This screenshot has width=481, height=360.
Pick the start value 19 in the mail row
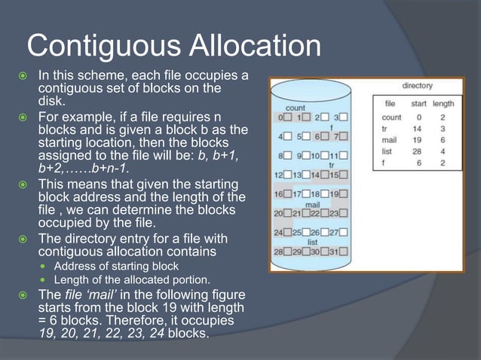417,140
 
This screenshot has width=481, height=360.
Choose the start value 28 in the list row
417,151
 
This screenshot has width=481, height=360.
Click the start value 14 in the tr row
417,129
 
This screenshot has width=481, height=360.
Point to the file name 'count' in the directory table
391,117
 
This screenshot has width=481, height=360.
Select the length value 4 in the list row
443,151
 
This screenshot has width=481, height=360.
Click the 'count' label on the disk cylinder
296,108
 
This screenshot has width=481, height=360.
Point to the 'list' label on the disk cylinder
311,243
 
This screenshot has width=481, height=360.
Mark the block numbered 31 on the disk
337,251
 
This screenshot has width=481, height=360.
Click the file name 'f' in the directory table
384,163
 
